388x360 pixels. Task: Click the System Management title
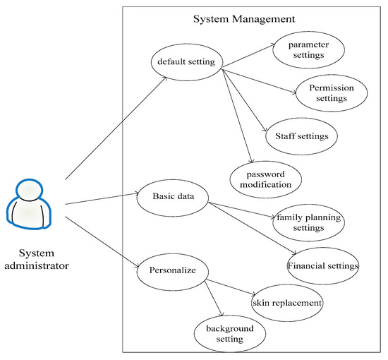click(244, 18)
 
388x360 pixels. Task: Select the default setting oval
click(187, 61)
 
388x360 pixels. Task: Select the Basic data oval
click(171, 196)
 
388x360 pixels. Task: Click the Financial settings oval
click(323, 266)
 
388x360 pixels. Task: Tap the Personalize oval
click(171, 270)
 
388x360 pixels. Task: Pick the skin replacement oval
click(287, 303)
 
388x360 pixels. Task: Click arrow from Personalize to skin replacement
click(229, 291)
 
